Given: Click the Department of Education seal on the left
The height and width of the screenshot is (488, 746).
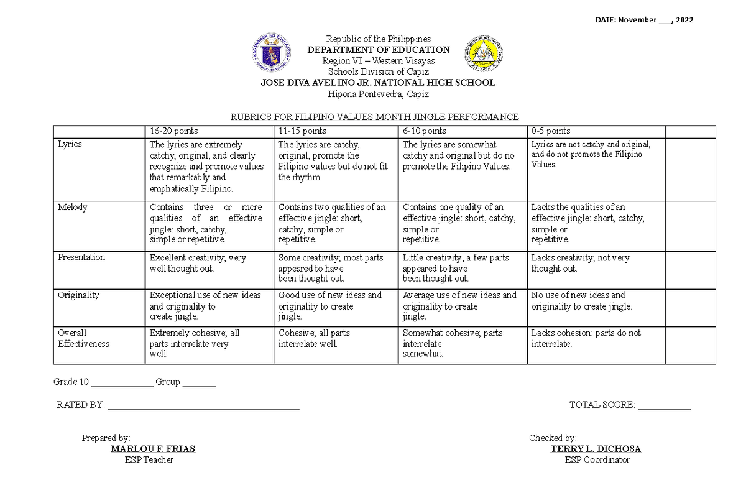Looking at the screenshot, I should click(270, 54).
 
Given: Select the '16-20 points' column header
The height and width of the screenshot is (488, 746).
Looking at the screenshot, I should click(173, 131).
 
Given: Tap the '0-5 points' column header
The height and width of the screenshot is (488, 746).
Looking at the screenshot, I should click(550, 131).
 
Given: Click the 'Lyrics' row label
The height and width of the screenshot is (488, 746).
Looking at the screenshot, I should click(70, 144).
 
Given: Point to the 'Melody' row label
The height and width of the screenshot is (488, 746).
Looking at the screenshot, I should click(72, 207).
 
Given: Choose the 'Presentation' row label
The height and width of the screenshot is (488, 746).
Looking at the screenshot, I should click(81, 257).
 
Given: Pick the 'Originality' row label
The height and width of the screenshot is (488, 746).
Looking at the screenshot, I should click(78, 295).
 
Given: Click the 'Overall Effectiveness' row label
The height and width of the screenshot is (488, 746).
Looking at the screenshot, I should click(83, 338).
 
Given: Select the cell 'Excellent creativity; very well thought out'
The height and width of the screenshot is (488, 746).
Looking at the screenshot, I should click(198, 263).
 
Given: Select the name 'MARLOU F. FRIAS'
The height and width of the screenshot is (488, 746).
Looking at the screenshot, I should click(152, 449).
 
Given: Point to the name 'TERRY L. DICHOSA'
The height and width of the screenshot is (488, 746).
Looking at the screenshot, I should click(596, 449).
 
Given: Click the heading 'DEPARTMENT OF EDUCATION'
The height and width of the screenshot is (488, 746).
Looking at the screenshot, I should click(379, 50).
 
